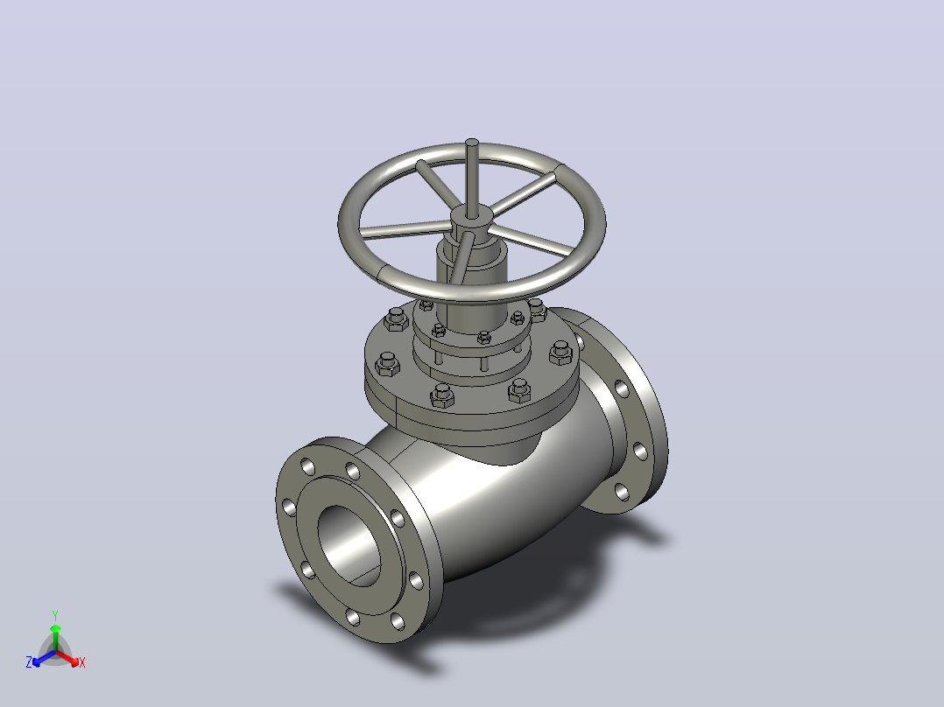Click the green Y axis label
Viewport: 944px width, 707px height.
(x=55, y=615)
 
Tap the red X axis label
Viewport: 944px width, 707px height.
(x=82, y=662)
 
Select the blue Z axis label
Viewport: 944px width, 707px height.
(x=29, y=662)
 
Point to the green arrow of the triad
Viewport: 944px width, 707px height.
(x=55, y=637)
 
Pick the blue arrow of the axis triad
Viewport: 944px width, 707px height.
(x=44, y=658)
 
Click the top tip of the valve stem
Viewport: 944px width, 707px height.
(x=472, y=142)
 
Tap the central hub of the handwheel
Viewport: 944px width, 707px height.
(x=472, y=220)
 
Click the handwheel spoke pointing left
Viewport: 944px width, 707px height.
(x=405, y=229)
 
